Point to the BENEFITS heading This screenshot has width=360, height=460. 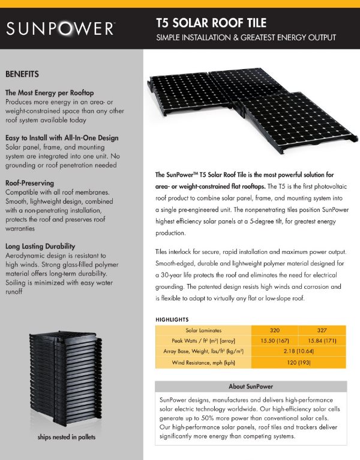point(22,74)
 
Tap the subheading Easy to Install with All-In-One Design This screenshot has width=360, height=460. point(62,138)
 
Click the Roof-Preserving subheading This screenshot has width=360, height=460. point(29,182)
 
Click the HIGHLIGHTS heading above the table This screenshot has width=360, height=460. point(172,319)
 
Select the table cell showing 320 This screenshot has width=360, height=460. point(275,330)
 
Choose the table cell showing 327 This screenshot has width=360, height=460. point(322,330)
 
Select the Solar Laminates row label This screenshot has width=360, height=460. point(204,330)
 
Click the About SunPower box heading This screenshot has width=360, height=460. point(251,386)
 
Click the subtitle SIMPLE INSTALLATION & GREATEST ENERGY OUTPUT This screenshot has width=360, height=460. point(246,38)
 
